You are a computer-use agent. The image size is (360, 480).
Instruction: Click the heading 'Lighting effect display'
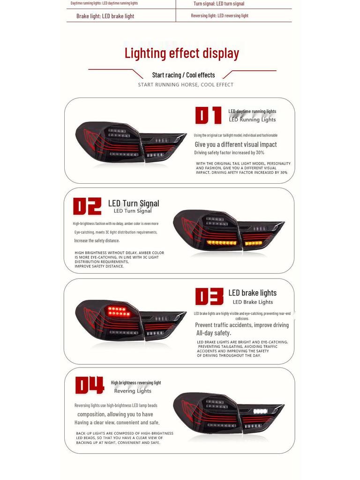point(181,53)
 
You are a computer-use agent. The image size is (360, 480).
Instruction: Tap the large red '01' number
point(208,115)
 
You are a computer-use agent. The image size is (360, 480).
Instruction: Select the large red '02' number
point(87,206)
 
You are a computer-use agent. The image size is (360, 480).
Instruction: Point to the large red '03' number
point(209,296)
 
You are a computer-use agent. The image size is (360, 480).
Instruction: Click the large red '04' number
point(89,385)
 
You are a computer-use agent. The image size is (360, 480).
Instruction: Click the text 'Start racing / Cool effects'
point(183,75)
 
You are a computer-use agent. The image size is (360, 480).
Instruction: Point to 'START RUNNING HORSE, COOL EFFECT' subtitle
point(186,85)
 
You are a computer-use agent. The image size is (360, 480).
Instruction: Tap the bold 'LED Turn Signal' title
point(134,203)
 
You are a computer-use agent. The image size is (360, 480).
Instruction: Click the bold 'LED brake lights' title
point(252,293)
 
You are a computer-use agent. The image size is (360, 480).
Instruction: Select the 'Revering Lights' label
point(133,391)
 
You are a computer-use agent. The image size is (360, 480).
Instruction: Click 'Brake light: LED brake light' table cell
point(105,16)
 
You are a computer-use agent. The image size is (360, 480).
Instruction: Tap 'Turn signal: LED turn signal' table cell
point(219,4)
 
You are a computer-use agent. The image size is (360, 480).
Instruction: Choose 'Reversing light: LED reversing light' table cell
point(219,15)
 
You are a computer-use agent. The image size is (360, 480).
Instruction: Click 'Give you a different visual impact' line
point(236,144)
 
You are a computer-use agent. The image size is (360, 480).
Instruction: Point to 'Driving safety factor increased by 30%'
point(229,153)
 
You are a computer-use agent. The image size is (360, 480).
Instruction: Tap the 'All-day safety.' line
point(213,333)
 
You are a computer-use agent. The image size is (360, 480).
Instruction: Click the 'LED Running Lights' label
point(252,120)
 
